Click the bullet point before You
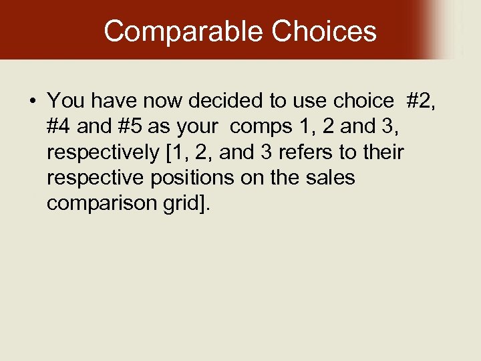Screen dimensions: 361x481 (33, 102)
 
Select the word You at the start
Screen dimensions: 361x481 (65, 101)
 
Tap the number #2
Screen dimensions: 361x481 (421, 101)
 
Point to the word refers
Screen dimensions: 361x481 (309, 152)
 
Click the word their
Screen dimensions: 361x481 (383, 152)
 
